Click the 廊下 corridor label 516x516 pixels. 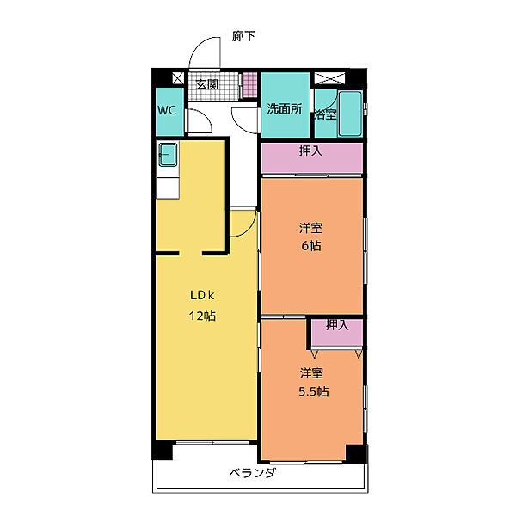[x=243, y=36]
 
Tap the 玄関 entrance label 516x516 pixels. [x=206, y=84]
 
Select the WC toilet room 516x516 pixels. [x=169, y=112]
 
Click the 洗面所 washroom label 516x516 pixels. [x=285, y=108]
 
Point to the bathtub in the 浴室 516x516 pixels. [x=350, y=114]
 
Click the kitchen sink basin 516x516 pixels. [x=168, y=154]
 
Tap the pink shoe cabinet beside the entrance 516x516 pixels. [x=249, y=84]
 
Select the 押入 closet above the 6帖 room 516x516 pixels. [x=312, y=157]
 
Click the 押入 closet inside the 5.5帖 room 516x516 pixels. [x=337, y=332]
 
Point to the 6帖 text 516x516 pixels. [x=311, y=245]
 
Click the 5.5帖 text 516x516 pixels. [x=314, y=391]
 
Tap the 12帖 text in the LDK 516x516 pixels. [x=202, y=316]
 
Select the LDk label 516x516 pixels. [x=202, y=295]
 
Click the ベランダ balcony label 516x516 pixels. [x=252, y=473]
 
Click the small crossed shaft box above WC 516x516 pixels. [x=178, y=78]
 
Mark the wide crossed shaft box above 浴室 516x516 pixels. [x=329, y=78]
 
